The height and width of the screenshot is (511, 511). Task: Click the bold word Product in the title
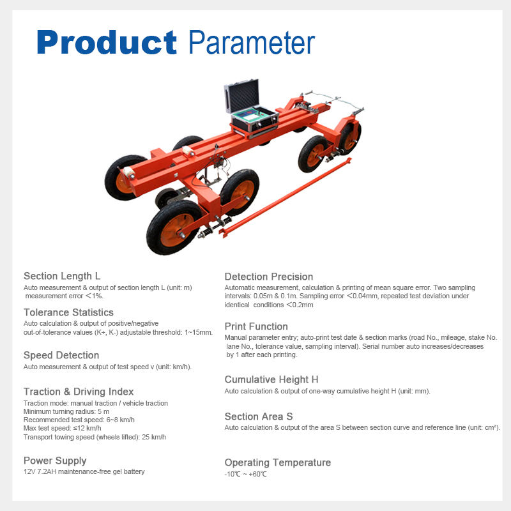tap(107, 42)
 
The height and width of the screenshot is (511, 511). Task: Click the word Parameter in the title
tap(252, 42)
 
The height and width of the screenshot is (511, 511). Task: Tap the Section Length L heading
tap(62, 276)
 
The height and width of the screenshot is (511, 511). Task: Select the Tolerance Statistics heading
tap(68, 312)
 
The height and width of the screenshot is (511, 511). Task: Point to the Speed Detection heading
tap(61, 355)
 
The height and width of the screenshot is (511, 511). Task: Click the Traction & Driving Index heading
tap(79, 392)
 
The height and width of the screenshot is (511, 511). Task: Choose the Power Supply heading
tap(55, 461)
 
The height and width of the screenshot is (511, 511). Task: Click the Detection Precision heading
tap(269, 277)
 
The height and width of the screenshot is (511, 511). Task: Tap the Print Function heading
tap(256, 326)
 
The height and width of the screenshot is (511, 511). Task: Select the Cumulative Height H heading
tap(271, 379)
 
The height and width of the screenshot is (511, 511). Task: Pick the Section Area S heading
tap(259, 416)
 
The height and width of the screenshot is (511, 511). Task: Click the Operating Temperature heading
tap(278, 462)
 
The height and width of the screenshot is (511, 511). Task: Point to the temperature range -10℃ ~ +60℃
tap(245, 474)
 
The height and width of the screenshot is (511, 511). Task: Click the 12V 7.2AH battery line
tap(84, 471)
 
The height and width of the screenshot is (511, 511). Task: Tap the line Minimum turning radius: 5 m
tap(66, 411)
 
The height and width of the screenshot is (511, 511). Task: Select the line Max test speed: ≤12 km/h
tap(62, 428)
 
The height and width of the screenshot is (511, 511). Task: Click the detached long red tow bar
tap(285, 197)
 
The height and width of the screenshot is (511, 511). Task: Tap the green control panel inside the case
tap(251, 114)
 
